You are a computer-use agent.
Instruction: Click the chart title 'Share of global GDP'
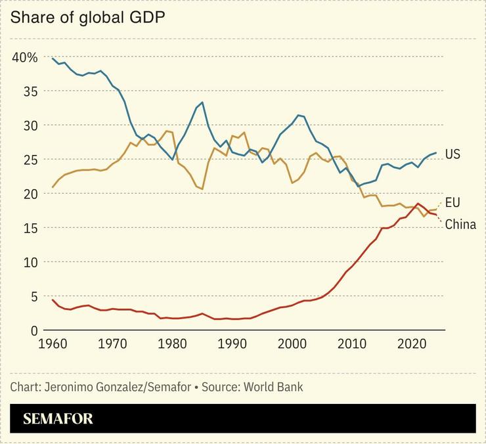87,17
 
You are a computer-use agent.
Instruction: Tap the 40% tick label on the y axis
25,57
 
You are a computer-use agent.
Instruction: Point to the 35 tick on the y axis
30,91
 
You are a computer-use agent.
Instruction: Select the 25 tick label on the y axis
30,160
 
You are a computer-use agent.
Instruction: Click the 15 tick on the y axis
30,228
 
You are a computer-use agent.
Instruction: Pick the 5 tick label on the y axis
34,296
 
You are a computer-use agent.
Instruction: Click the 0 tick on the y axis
34,330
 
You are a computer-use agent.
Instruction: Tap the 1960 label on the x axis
53,344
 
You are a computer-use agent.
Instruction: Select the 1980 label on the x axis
172,344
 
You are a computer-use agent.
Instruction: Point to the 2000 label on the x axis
292,344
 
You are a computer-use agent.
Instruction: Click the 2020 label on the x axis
412,344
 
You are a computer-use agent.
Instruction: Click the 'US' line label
453,154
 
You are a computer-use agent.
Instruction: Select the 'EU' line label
453,202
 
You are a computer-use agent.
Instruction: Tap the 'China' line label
460,225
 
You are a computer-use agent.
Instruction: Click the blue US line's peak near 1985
202,102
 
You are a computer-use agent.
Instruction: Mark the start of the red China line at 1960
53,300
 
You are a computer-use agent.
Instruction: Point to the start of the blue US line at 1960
53,58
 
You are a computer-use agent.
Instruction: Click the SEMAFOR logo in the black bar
58,419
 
